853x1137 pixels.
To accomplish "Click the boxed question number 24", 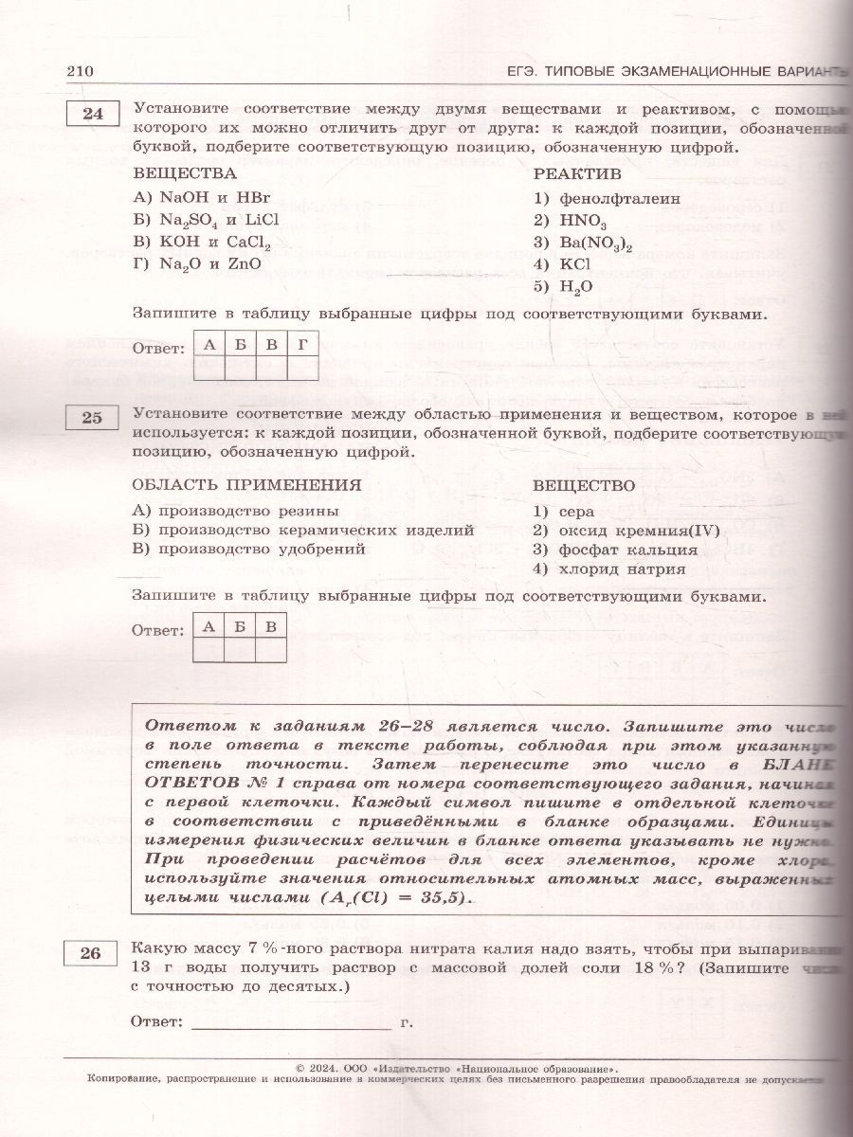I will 93,115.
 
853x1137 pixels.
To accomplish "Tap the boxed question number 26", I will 91,954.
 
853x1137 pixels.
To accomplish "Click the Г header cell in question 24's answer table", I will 302,344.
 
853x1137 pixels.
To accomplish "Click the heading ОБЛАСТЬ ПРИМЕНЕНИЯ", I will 246,485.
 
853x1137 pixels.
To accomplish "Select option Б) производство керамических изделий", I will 303,530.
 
